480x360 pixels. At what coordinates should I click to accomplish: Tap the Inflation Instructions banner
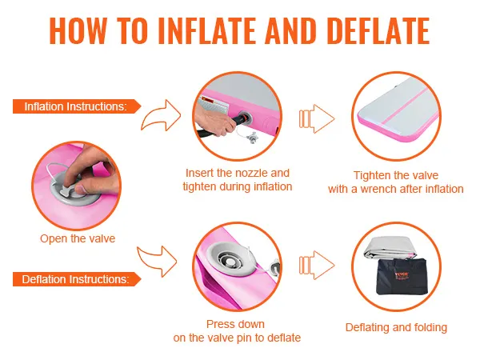click(x=77, y=106)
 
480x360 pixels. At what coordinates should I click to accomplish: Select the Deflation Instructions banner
click(x=77, y=279)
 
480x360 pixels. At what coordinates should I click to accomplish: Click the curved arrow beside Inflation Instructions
click(x=161, y=115)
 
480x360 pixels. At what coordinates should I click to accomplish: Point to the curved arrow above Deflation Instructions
click(x=157, y=261)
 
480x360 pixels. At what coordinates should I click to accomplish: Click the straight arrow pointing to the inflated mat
click(x=317, y=118)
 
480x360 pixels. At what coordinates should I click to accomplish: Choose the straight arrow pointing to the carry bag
click(x=317, y=265)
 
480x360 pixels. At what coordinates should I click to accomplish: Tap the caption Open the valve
click(x=78, y=238)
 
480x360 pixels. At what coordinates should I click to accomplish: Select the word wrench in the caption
click(x=378, y=189)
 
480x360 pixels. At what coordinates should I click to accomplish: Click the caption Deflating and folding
click(x=396, y=327)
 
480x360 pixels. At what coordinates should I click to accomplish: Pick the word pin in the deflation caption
click(x=244, y=338)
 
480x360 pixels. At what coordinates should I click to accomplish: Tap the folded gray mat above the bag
click(x=390, y=248)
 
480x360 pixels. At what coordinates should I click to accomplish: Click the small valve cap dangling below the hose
click(x=253, y=138)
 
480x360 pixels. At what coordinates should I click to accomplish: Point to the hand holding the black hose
click(x=211, y=121)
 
